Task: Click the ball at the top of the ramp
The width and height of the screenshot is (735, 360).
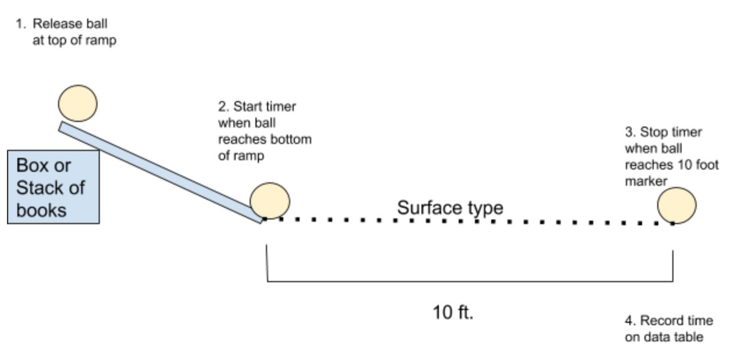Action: point(78,103)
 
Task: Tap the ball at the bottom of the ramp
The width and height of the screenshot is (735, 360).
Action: point(270,200)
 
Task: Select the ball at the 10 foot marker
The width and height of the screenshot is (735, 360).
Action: point(677,205)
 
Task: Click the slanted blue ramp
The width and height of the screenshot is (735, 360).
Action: point(160,172)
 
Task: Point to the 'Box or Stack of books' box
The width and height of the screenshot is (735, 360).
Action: point(53,187)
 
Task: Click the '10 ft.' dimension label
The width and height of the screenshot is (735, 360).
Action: point(453,312)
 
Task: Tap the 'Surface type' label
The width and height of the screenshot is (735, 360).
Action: point(450,207)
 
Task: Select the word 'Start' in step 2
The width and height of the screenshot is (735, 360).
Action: point(244,107)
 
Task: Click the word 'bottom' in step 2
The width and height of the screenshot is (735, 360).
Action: point(293,140)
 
